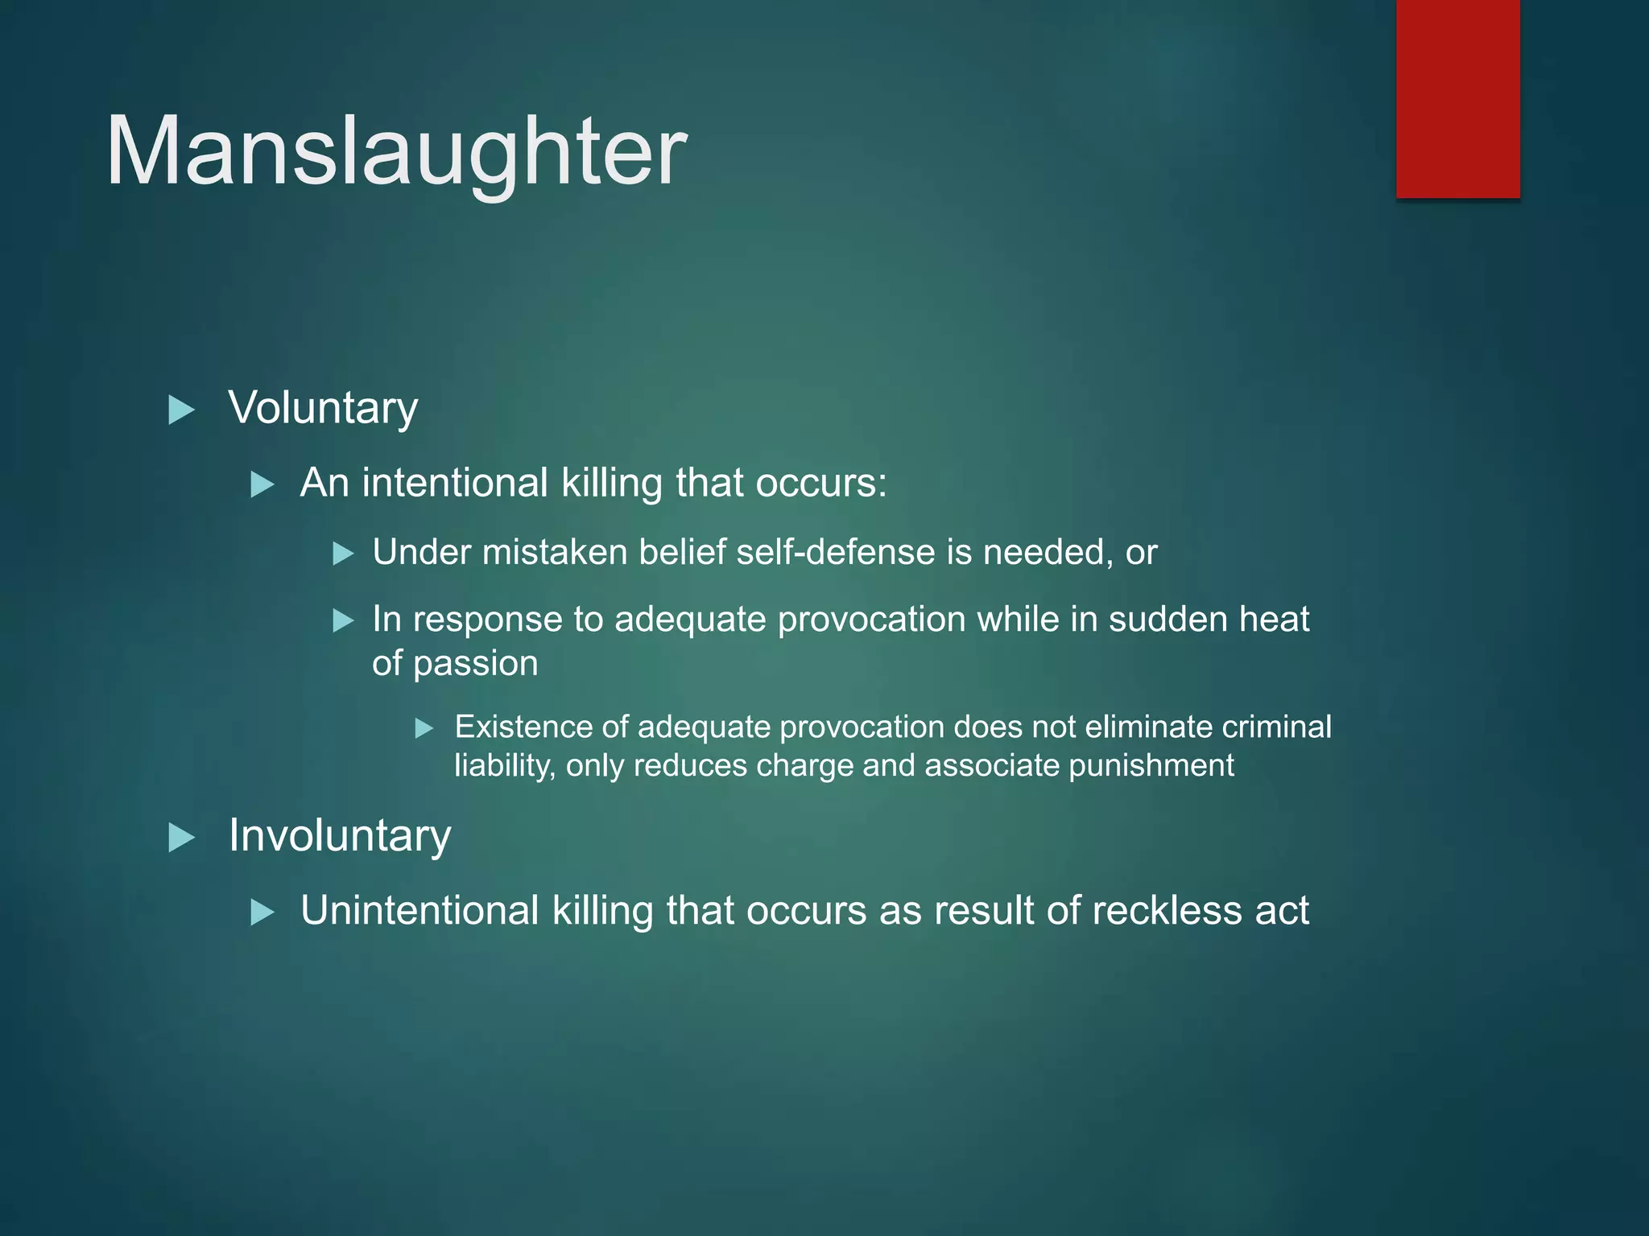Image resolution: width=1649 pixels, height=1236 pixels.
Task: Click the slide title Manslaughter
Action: pos(396,151)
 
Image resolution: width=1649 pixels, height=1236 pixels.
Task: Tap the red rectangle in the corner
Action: pos(1457,98)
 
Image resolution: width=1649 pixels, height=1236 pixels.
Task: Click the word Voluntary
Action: pos(323,408)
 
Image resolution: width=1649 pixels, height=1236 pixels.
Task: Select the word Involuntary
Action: pos(339,835)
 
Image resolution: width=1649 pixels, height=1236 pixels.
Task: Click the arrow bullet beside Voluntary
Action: pos(182,410)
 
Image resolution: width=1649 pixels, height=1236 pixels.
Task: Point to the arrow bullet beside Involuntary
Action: pos(182,838)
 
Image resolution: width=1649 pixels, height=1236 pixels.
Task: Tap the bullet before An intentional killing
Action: pos(262,485)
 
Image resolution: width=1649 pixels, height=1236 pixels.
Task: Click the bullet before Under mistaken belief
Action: pos(344,554)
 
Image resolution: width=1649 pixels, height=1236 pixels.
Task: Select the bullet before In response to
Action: pos(344,620)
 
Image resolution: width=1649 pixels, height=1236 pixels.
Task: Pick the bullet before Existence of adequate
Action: pos(424,729)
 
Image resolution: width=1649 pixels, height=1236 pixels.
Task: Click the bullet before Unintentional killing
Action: pos(262,913)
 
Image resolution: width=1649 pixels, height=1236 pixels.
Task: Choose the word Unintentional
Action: pos(419,911)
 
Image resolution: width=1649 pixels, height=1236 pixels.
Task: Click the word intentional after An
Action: pos(455,483)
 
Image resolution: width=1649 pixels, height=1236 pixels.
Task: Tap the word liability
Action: pos(504,766)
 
